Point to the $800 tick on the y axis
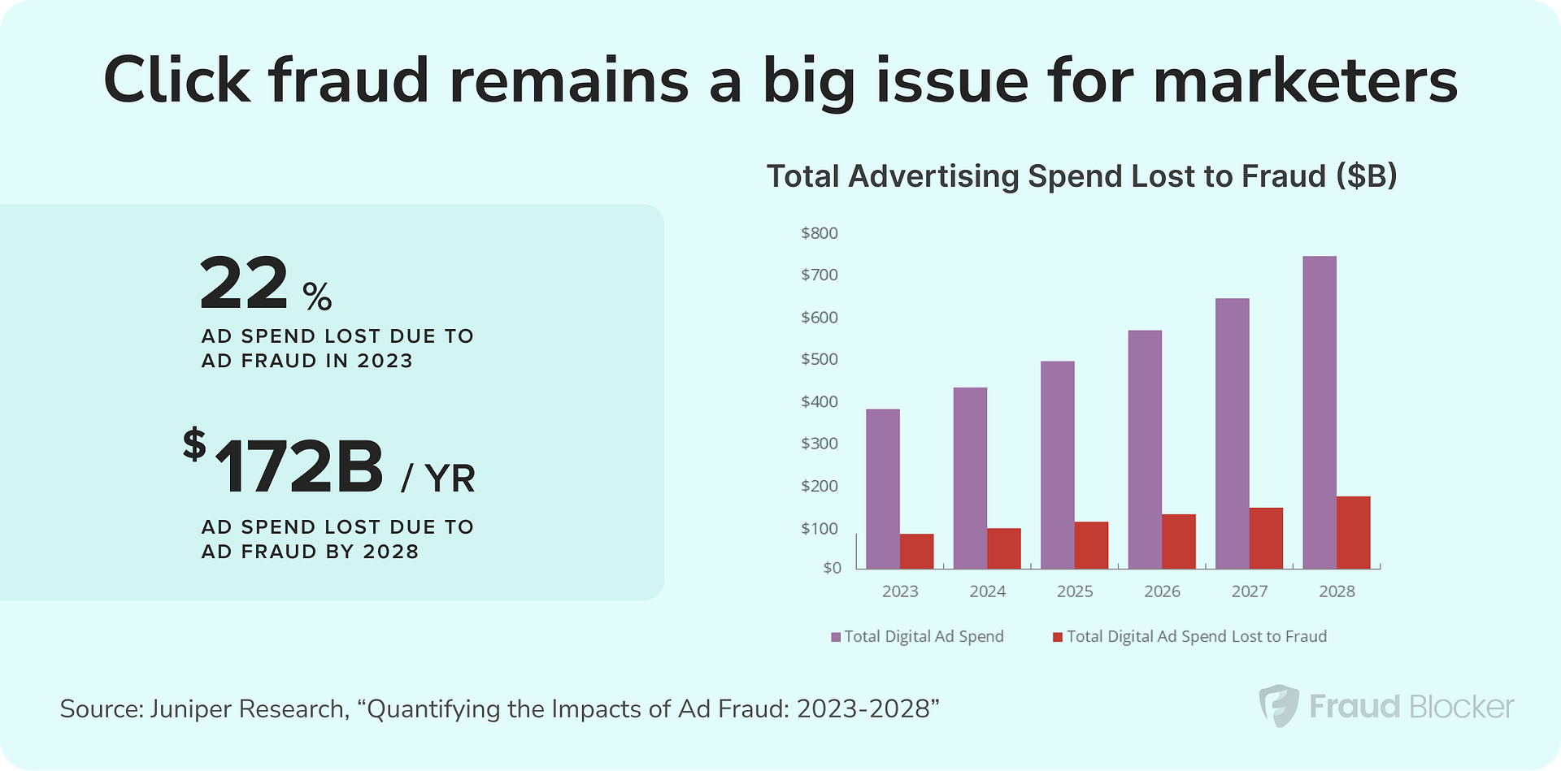819,234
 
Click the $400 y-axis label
819,402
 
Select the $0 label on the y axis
832,568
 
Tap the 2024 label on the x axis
987,591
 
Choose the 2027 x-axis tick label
1249,591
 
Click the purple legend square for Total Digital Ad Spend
836,638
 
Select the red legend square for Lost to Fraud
1057,638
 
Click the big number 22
244,284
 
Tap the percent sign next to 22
317,297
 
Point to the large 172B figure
299,467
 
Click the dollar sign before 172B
194,445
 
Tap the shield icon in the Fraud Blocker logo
1278,706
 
